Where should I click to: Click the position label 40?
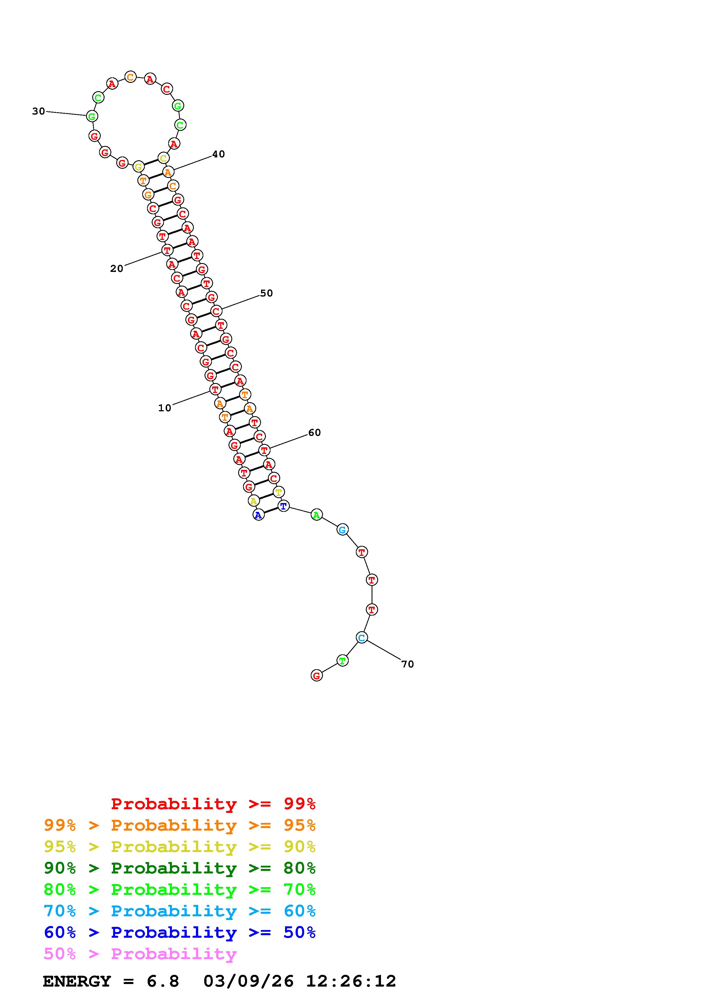click(x=218, y=154)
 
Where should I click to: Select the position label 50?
click(x=266, y=293)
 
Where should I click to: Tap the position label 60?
click(x=314, y=432)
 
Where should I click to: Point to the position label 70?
click(x=408, y=664)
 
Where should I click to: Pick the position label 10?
click(x=165, y=408)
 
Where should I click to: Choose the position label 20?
click(x=117, y=269)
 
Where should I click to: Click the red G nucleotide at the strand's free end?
click(x=317, y=676)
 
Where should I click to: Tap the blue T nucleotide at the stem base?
click(x=284, y=506)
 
